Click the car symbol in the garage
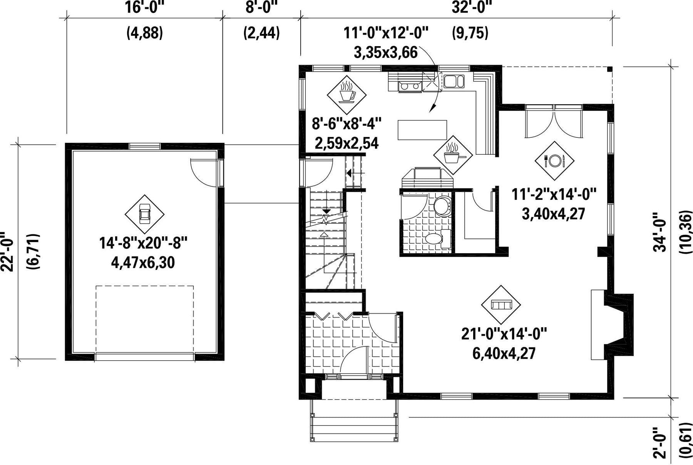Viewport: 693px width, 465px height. [144, 214]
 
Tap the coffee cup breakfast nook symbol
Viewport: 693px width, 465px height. [346, 94]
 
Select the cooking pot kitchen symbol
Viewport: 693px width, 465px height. [453, 154]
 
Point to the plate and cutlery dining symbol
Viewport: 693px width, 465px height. [554, 161]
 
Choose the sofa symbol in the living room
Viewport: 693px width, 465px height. [501, 304]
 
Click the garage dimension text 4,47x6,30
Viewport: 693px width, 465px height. [143, 263]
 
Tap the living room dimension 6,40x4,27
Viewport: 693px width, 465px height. [504, 353]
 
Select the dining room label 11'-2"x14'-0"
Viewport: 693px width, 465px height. [554, 194]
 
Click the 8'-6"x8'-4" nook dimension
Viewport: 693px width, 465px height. [346, 124]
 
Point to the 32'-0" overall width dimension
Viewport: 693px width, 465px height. [472, 7]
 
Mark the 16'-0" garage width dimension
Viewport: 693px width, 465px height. [144, 7]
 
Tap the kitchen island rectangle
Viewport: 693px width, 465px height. [422, 130]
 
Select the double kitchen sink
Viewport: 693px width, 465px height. [454, 81]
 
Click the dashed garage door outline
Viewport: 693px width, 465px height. [145, 319]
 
